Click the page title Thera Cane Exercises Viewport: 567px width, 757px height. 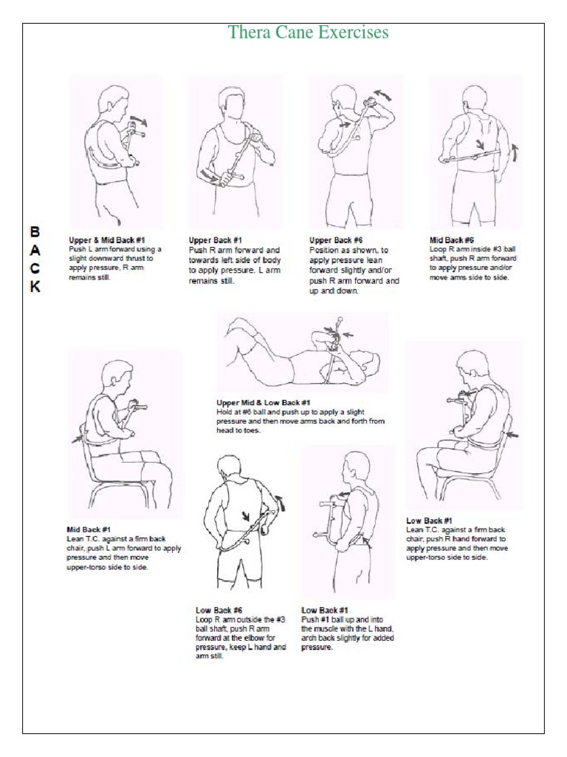click(308, 33)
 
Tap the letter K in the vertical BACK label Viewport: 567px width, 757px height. click(34, 287)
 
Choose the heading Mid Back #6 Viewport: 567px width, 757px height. click(452, 240)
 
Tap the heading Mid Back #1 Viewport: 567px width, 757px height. click(89, 530)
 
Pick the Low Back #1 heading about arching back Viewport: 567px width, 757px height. click(325, 610)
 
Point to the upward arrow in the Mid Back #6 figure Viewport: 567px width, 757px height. click(515, 153)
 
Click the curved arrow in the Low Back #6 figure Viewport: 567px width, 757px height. click(279, 504)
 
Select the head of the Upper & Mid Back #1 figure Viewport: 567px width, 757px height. click(112, 100)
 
